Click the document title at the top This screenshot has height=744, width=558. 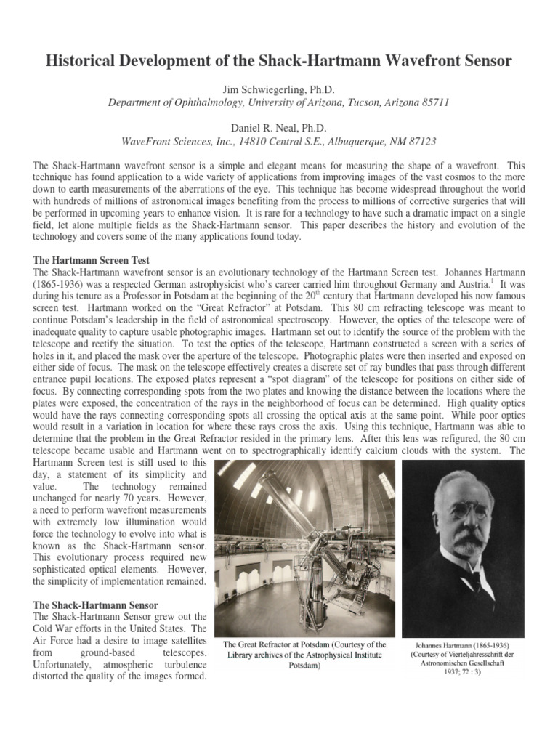coord(279,61)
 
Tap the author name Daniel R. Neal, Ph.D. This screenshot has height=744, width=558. coord(279,127)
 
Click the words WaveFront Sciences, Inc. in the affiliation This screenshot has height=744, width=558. coord(169,140)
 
